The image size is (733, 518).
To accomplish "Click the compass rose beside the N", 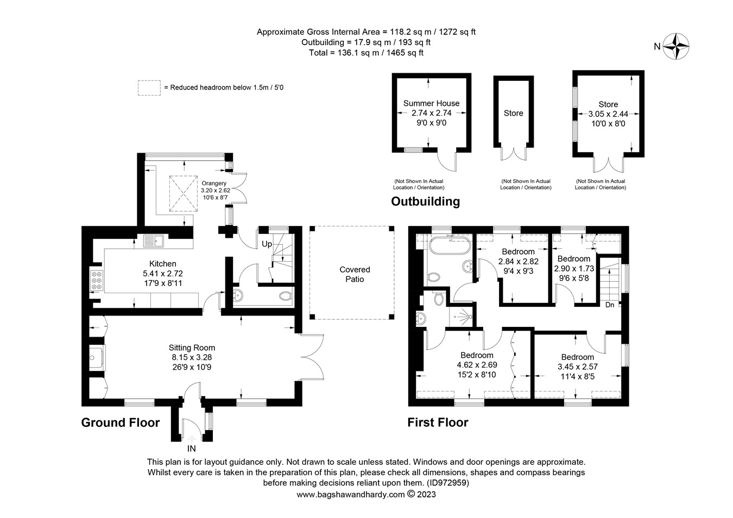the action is (677, 46).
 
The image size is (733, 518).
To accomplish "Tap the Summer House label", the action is (431, 103).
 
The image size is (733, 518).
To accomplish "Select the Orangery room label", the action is (213, 184).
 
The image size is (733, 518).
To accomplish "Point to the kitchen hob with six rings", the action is (96, 280).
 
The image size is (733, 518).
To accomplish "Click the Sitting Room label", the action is (192, 348).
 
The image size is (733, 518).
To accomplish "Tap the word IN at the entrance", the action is (191, 449).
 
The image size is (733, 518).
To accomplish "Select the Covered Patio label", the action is (355, 274).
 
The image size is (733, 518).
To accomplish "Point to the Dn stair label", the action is (610, 305).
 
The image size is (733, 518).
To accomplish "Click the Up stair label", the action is (267, 244).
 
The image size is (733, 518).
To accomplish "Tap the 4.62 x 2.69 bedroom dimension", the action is (477, 365).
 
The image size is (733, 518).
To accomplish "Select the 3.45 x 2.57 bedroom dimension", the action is (577, 367).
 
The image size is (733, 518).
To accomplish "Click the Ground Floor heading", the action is (121, 422).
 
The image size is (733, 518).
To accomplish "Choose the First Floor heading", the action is (438, 422).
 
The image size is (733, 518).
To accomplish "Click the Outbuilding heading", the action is (425, 201).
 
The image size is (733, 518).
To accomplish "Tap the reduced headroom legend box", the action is (149, 87).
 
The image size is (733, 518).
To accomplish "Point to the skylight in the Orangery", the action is (183, 193).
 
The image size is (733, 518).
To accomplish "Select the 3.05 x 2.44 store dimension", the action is (608, 114).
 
